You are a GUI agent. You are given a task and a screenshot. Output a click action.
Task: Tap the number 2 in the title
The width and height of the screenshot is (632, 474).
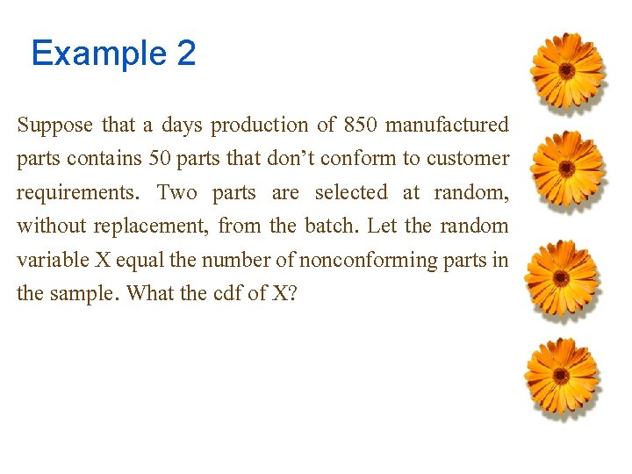point(186,54)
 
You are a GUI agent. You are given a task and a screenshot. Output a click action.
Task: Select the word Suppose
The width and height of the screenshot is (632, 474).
point(54,126)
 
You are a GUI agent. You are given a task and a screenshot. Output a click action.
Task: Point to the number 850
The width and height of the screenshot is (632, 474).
point(361,126)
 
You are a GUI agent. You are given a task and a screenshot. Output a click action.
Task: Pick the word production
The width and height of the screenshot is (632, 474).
point(259,126)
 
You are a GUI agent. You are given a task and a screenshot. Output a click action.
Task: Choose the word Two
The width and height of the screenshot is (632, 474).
point(179,192)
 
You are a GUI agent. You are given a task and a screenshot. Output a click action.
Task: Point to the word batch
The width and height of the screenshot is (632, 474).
point(330,226)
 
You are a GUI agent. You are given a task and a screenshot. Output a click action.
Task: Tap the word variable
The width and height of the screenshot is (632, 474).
point(50,260)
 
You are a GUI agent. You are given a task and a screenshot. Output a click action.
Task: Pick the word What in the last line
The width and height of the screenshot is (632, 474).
point(151,293)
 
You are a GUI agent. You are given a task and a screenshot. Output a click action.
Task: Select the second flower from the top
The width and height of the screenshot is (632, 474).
point(567,169)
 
